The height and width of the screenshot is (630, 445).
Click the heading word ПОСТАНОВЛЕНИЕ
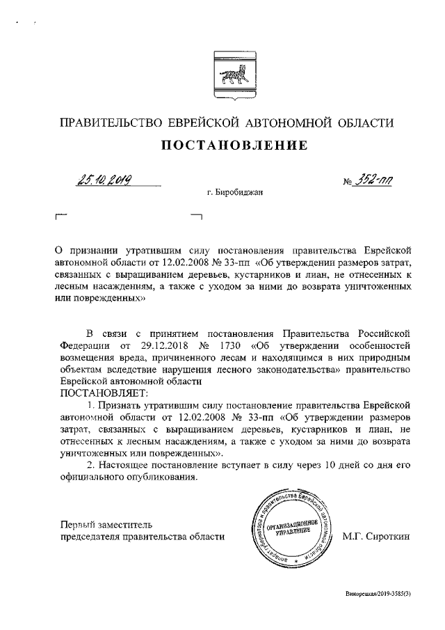click(234, 146)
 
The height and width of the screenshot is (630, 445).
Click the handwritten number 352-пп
click(374, 182)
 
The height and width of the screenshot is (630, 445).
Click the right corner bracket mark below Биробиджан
click(195, 217)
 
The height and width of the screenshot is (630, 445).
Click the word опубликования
click(153, 478)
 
